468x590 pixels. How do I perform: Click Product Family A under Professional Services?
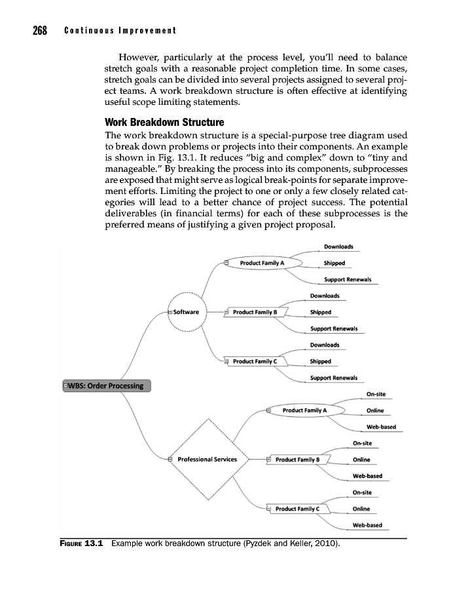click(x=308, y=410)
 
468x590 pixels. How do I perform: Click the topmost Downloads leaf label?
click(x=338, y=247)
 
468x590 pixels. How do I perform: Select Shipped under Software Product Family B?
click(x=321, y=312)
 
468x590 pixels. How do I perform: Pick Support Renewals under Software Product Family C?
click(x=334, y=378)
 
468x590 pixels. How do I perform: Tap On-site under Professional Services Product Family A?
click(x=376, y=394)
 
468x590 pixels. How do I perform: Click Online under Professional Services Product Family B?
click(x=361, y=460)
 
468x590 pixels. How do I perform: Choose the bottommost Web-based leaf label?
click(x=367, y=525)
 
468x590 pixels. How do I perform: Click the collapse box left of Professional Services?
click(x=170, y=460)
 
